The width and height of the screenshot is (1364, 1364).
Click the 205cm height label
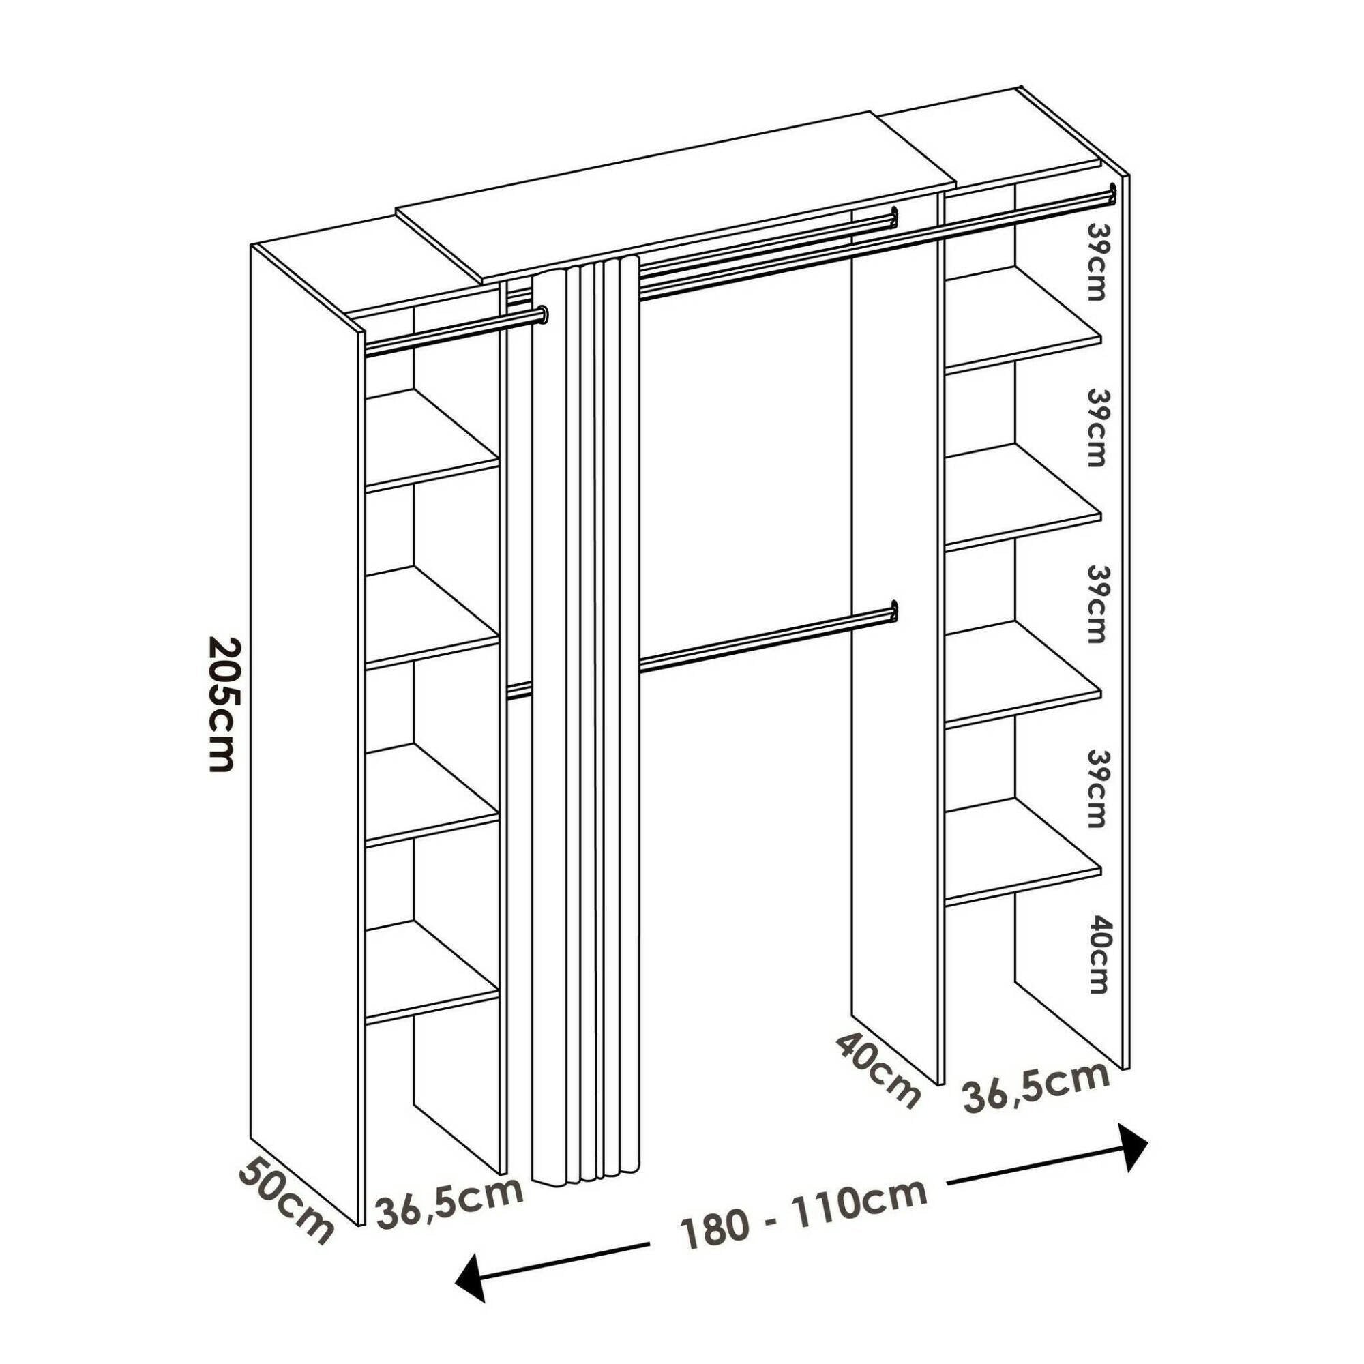pyautogui.click(x=220, y=705)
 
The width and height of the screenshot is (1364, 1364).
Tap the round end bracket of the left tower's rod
pyautogui.click(x=542, y=313)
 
